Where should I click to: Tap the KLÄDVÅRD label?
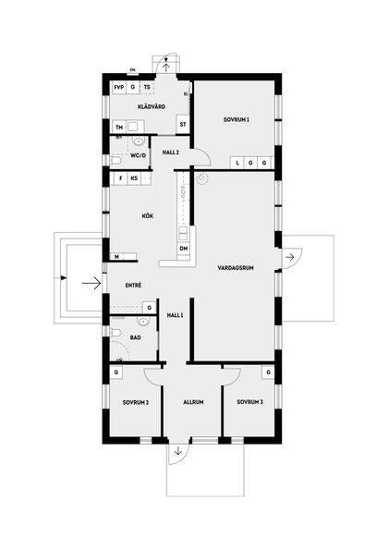click(152, 108)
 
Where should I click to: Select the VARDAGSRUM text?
click(236, 268)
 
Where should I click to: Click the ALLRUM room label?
click(193, 402)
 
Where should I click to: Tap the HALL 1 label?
click(176, 315)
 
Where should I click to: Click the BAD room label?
click(135, 338)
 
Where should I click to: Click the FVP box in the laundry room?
click(119, 87)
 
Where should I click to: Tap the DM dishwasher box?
click(184, 249)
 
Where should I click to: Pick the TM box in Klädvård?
click(119, 127)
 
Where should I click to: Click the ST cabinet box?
click(183, 124)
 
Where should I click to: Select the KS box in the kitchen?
click(135, 177)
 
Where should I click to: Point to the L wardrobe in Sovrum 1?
click(238, 163)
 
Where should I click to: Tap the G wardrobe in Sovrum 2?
click(117, 372)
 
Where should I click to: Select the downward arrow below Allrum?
click(176, 454)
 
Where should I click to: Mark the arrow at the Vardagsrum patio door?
click(290, 254)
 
